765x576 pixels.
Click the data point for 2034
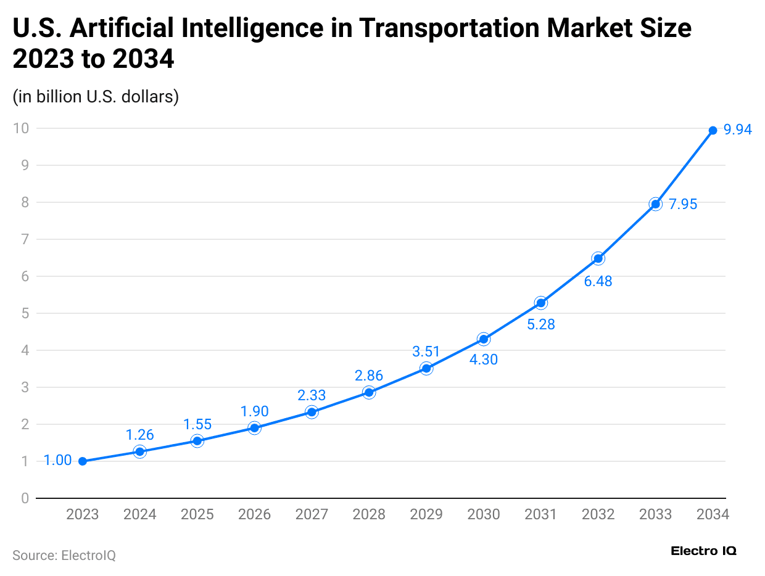tap(713, 130)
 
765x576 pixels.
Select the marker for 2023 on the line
tap(83, 461)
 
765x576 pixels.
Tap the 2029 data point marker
tap(426, 368)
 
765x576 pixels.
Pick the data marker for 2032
tap(598, 258)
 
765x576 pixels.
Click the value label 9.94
tap(738, 130)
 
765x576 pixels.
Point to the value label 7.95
tap(683, 204)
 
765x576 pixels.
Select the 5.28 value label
tap(541, 324)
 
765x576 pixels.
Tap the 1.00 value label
tap(57, 461)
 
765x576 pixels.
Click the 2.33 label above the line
tap(312, 395)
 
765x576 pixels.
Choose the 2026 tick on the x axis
tap(254, 514)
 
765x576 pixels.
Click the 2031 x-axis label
tap(541, 514)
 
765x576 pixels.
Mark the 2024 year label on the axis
tap(140, 514)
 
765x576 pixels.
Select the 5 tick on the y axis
tap(25, 313)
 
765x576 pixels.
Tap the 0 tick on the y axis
tap(25, 498)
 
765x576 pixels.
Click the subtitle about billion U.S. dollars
tap(96, 97)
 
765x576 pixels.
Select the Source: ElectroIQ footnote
tap(64, 555)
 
